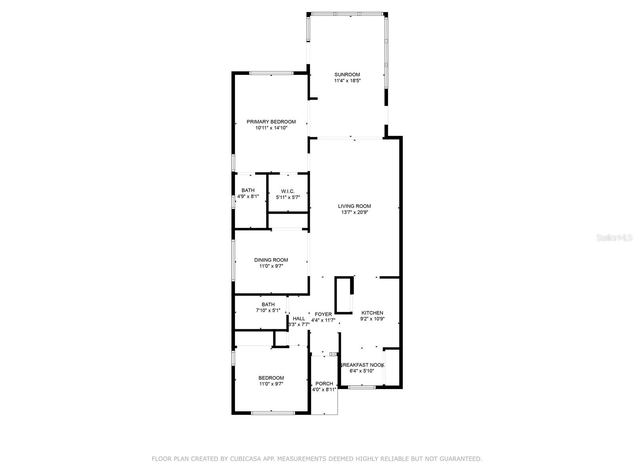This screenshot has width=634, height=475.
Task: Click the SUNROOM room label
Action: click(x=347, y=74)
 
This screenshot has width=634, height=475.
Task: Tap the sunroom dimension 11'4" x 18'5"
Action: click(x=347, y=81)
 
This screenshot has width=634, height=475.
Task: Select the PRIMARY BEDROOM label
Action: click(x=271, y=122)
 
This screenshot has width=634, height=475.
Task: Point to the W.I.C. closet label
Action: click(x=288, y=191)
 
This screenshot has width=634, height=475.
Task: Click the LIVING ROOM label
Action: click(x=354, y=206)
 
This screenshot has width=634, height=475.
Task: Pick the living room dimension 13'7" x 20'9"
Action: click(x=354, y=212)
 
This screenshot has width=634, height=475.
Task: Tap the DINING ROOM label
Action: click(x=271, y=260)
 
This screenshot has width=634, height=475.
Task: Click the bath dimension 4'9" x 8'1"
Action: click(x=248, y=196)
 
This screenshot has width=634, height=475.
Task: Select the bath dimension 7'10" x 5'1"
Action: click(x=268, y=311)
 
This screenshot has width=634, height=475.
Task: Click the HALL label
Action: click(x=299, y=319)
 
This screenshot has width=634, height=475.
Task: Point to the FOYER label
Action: click(x=323, y=314)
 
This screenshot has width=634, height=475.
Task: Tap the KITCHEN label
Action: click(x=372, y=313)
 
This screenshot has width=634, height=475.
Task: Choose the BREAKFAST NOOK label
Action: click(x=362, y=365)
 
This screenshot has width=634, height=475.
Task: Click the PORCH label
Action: click(x=324, y=384)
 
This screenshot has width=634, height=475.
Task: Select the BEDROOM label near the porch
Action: click(x=271, y=378)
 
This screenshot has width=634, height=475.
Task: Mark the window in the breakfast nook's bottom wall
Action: click(x=361, y=387)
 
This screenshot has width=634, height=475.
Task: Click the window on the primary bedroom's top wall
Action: click(x=271, y=73)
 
